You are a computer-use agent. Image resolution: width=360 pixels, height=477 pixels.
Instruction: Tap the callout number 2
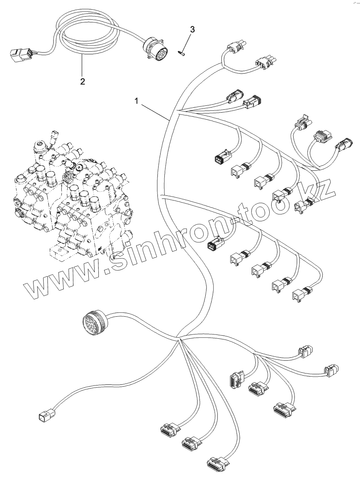tap(82, 81)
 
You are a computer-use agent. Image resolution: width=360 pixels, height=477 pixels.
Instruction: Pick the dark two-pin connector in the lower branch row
tap(214, 244)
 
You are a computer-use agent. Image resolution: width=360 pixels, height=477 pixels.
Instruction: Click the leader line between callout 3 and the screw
tap(187, 42)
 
